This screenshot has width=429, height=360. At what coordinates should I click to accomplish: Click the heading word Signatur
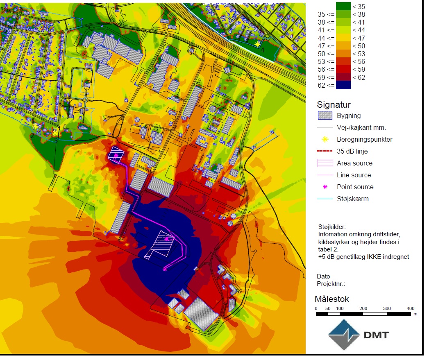[x=334, y=105]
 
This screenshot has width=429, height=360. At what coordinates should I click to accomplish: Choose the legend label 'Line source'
[x=354, y=175]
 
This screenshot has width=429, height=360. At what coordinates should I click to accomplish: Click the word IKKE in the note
[x=367, y=257]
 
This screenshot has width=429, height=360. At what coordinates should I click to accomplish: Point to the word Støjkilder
[x=332, y=226]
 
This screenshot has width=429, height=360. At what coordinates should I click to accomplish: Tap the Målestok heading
[x=332, y=299]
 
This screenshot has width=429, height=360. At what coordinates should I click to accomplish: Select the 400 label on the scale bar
[x=410, y=308]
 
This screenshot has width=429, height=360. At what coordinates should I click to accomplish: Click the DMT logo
[x=359, y=335]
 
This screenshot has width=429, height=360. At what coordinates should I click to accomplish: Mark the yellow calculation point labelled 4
[x=257, y=44]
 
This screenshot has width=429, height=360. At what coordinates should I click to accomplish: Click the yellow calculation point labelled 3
[x=55, y=133]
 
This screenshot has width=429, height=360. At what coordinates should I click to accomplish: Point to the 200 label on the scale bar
[x=363, y=308]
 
